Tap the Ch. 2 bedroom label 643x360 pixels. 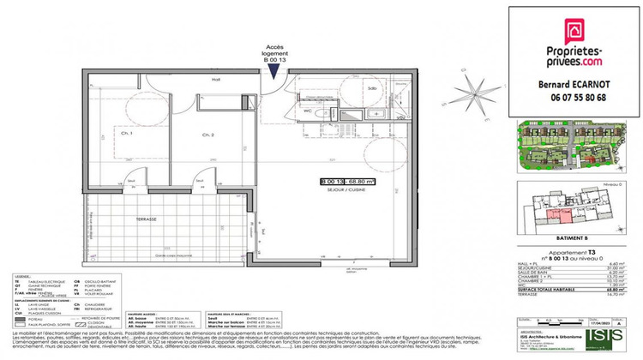click(207, 135)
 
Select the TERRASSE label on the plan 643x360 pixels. click(146, 219)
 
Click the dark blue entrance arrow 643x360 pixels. click(273, 70)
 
